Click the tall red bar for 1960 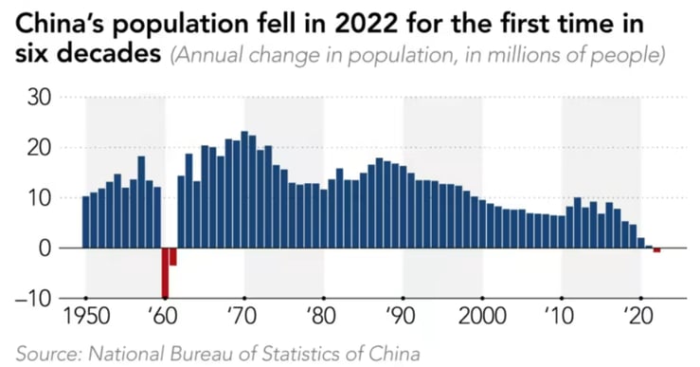165,272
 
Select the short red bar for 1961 173,256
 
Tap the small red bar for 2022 656,249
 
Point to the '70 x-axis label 243,315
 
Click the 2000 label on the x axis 482,315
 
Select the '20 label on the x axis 639,315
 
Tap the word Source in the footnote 45,353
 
